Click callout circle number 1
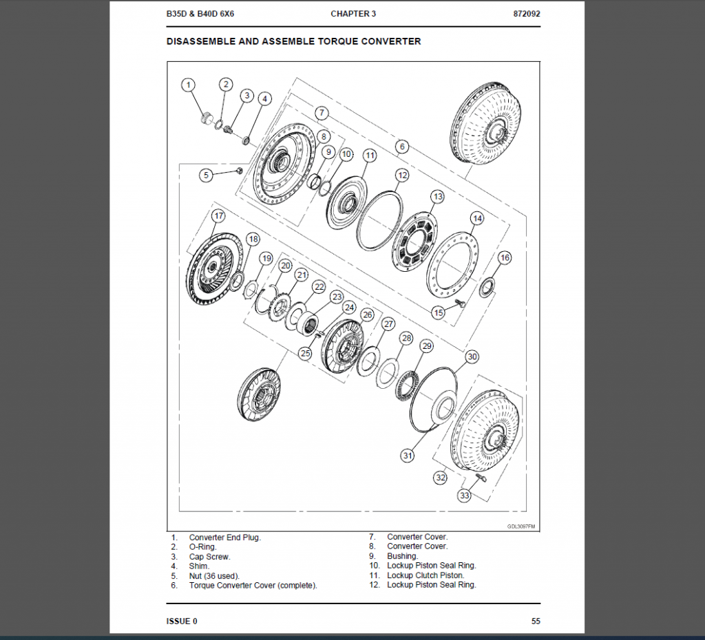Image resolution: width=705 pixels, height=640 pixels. coord(188,85)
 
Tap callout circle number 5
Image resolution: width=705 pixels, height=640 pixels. coord(206,175)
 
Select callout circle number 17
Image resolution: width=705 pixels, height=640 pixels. coord(218,215)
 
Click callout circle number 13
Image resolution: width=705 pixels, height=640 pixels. coord(438,197)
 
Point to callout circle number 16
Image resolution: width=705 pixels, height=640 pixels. coord(505,257)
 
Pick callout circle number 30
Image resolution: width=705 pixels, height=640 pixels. coord(472,356)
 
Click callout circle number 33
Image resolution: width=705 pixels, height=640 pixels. coord(465,495)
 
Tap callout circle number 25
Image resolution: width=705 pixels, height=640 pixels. coord(306,353)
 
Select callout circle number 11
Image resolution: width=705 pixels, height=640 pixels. coord(370,156)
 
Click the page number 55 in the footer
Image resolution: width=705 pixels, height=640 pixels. coord(536,621)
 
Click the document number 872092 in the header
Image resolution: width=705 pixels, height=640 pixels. coord(527,14)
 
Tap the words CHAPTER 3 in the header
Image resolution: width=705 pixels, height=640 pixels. coord(353,14)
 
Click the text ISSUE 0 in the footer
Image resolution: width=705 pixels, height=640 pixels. coord(182,621)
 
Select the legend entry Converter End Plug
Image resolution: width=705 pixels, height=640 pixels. coord(225,537)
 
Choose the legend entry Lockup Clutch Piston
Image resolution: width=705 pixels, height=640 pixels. coord(425,575)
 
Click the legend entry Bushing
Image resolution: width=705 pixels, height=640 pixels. coord(402,556)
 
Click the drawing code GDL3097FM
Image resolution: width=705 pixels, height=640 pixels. coord(521,526)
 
